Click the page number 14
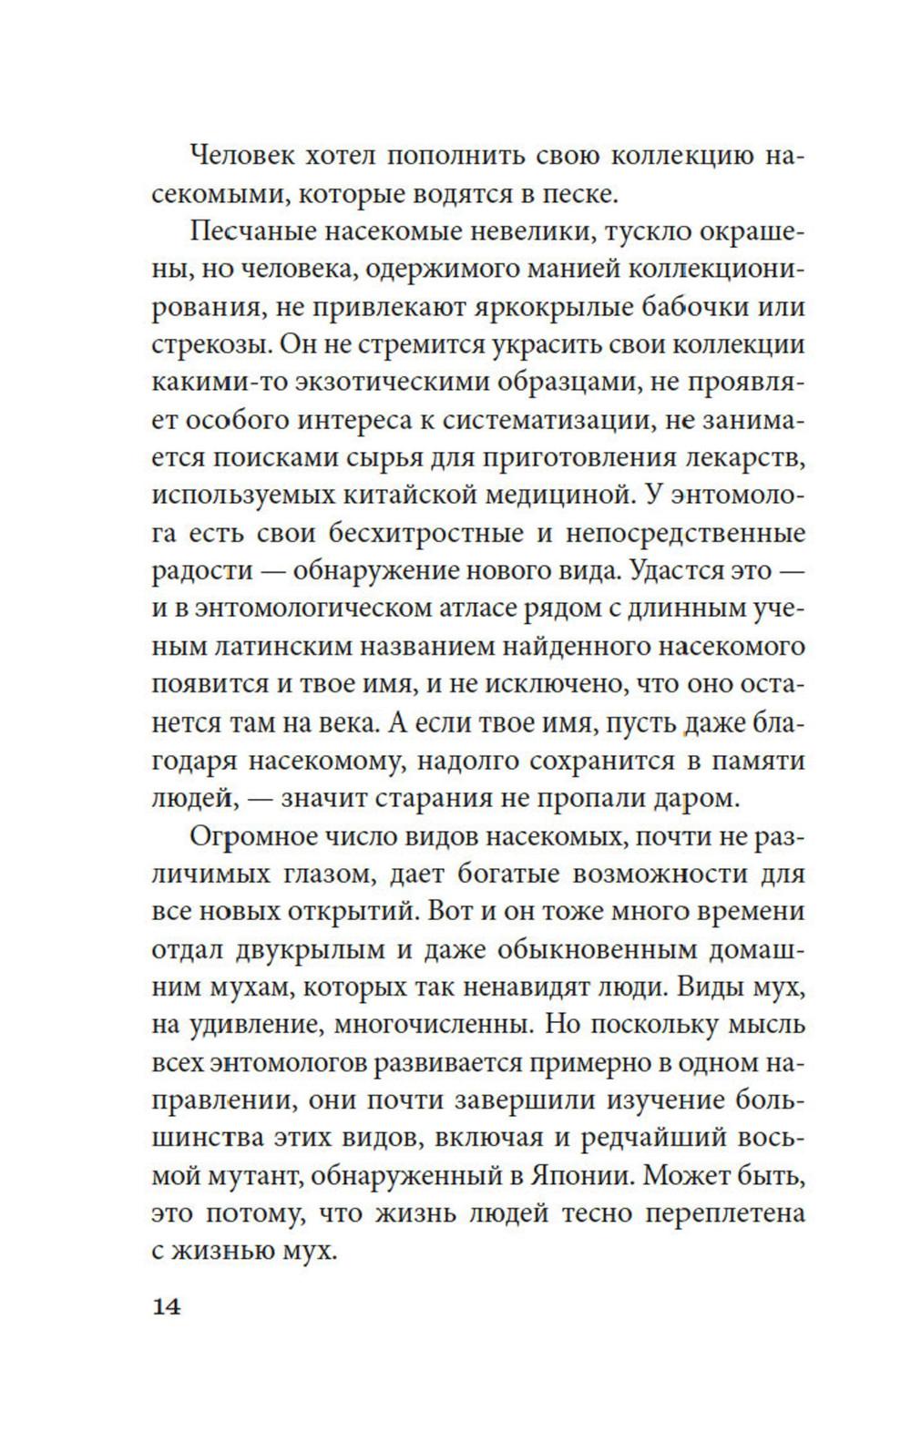point(167,1306)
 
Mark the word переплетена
point(708,1214)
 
